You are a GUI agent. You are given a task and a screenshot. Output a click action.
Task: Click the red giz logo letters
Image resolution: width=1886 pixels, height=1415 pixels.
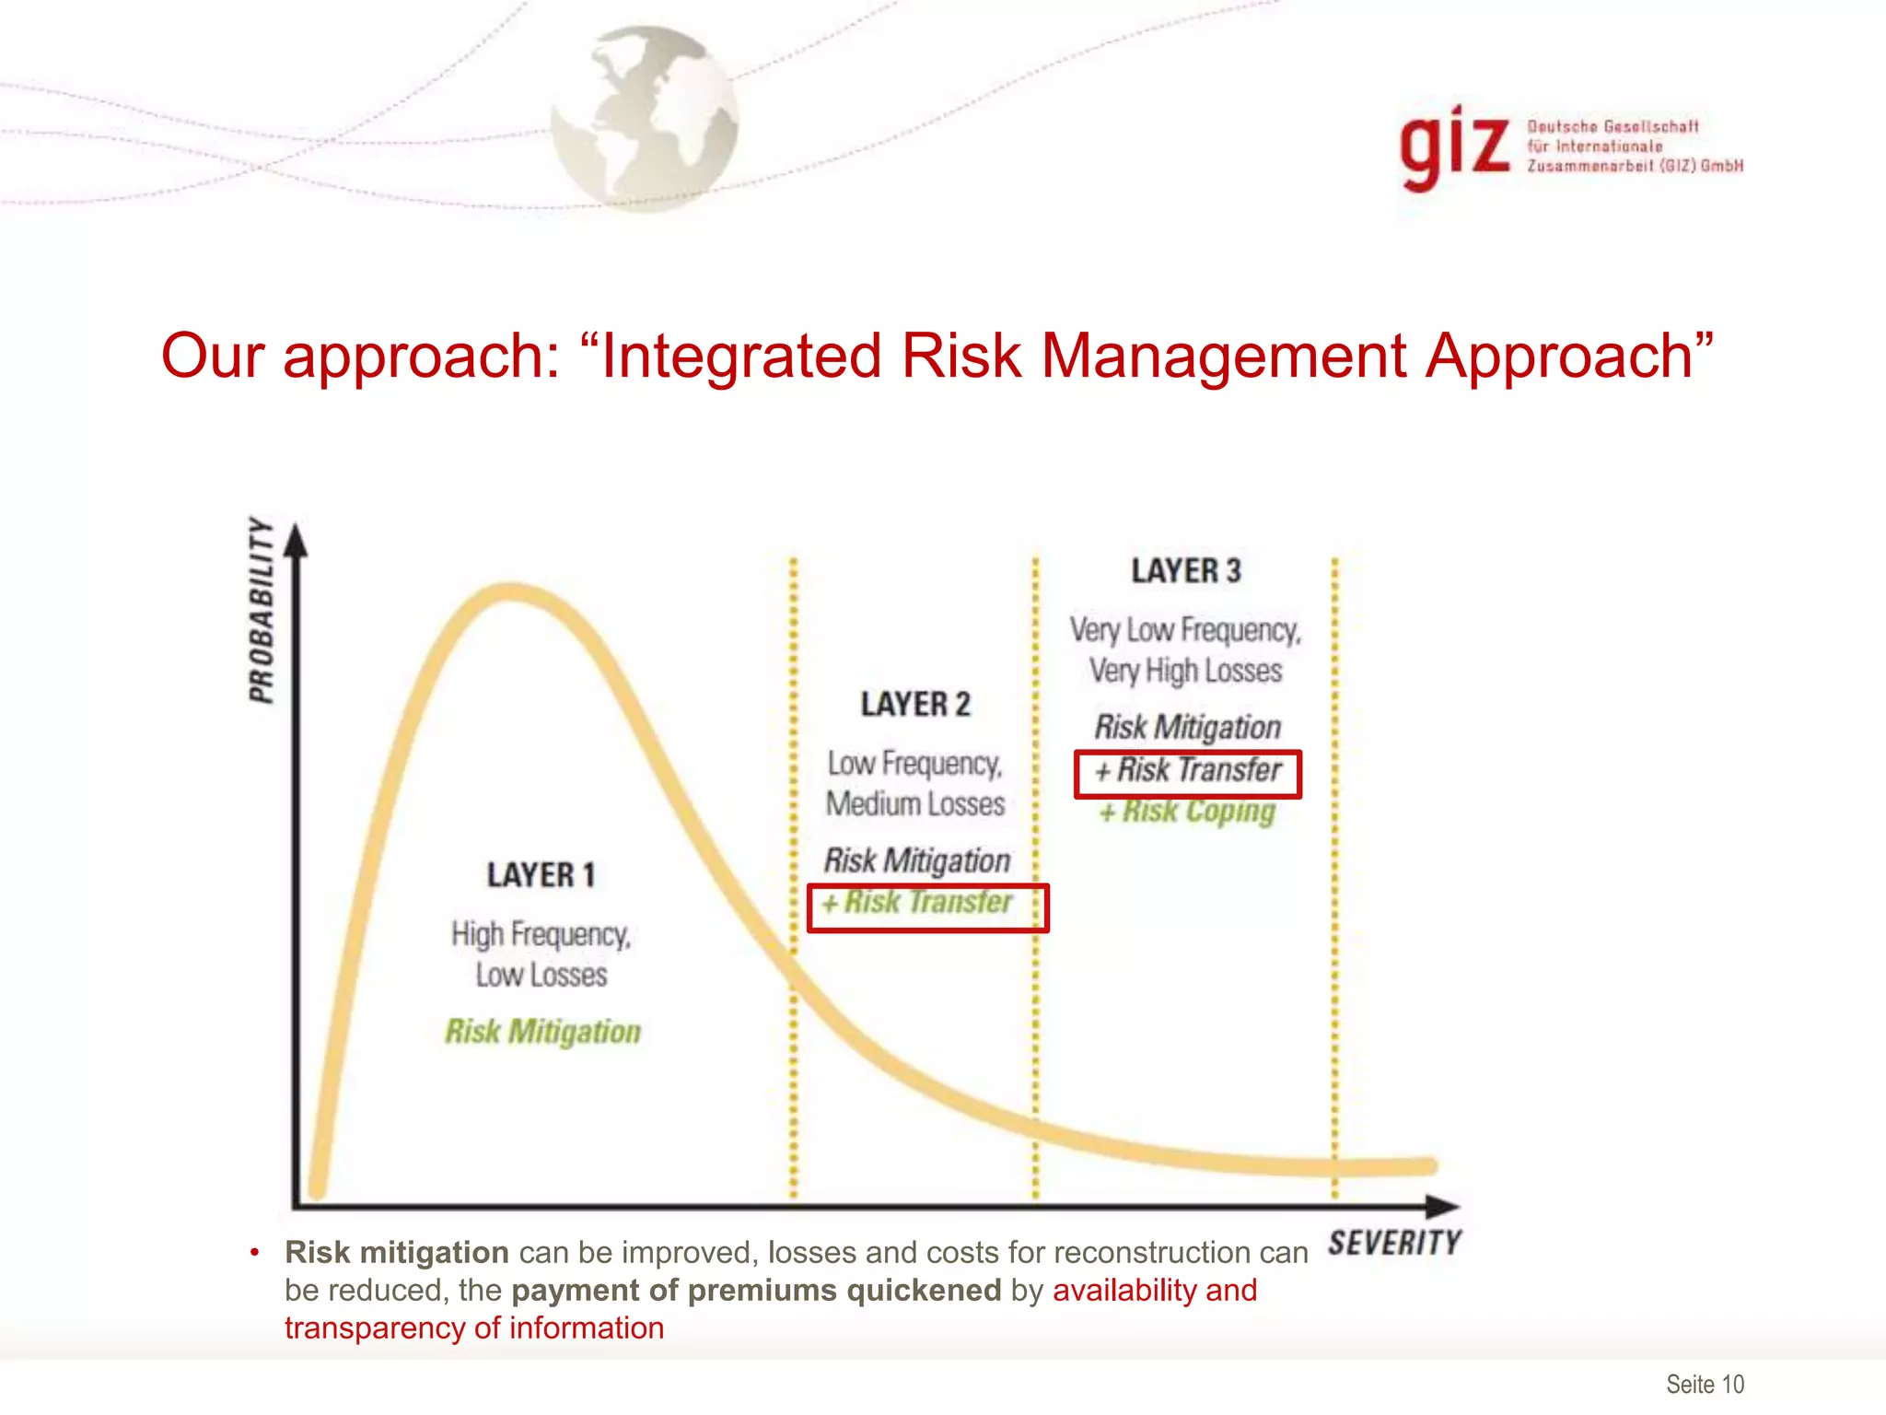pyautogui.click(x=1454, y=147)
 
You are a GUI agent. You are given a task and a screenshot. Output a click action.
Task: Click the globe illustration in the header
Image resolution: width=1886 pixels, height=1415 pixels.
pyautogui.click(x=645, y=118)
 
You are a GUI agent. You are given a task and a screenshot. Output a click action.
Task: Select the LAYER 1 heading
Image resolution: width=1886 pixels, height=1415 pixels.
pyautogui.click(x=541, y=874)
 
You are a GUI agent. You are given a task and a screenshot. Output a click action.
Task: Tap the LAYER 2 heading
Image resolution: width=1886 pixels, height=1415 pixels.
pyautogui.click(x=915, y=705)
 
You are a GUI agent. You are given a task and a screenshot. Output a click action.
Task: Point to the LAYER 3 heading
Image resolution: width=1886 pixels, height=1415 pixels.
pyautogui.click(x=1186, y=571)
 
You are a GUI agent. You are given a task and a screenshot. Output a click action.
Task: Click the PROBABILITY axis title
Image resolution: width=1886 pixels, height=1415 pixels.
pyautogui.click(x=262, y=610)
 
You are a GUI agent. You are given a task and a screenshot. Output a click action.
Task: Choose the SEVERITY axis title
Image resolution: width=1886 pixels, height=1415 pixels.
pyautogui.click(x=1394, y=1243)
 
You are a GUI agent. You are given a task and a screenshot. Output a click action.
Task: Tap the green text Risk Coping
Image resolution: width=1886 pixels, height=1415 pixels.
pyautogui.click(x=1188, y=812)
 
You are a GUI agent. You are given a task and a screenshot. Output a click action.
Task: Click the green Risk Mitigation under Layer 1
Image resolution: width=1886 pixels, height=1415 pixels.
pyautogui.click(x=542, y=1032)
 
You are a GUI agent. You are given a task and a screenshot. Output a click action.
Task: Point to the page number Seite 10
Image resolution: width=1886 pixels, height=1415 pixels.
pyautogui.click(x=1705, y=1384)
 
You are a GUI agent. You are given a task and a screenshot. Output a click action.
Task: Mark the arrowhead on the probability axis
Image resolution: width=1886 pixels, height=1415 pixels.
pyautogui.click(x=296, y=541)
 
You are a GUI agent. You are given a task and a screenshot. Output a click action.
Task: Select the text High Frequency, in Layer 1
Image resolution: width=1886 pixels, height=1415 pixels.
pyautogui.click(x=541, y=934)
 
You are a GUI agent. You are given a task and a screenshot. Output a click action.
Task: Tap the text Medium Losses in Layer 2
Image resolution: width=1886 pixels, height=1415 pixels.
pyautogui.click(x=915, y=803)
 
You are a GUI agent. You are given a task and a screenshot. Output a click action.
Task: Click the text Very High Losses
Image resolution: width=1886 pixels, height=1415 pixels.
pyautogui.click(x=1186, y=671)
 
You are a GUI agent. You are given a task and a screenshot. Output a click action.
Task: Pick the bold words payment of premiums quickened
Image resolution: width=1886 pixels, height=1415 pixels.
pyautogui.click(x=756, y=1291)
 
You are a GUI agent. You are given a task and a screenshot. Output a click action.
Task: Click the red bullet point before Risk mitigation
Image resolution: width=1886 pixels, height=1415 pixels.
pyautogui.click(x=255, y=1252)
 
